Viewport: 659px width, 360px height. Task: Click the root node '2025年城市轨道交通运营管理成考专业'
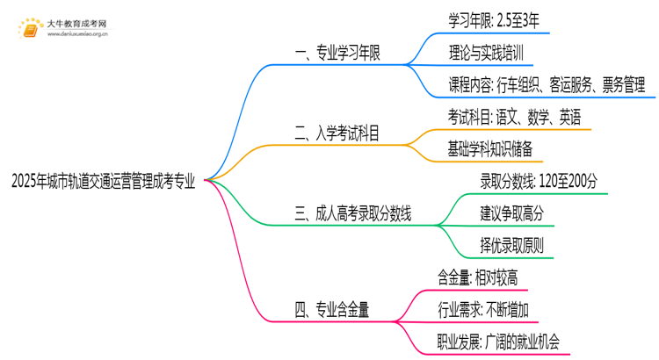click(103, 182)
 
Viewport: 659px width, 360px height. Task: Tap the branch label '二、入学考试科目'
click(343, 133)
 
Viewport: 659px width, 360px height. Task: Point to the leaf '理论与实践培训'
click(486, 53)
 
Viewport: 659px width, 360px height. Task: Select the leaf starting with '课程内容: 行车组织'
click(546, 85)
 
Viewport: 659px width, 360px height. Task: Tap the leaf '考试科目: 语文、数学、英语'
click(513, 117)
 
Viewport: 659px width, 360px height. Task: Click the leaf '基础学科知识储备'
click(490, 149)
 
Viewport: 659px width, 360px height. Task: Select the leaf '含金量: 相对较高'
click(477, 277)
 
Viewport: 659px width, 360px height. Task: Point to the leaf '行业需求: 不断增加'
click(482, 310)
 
